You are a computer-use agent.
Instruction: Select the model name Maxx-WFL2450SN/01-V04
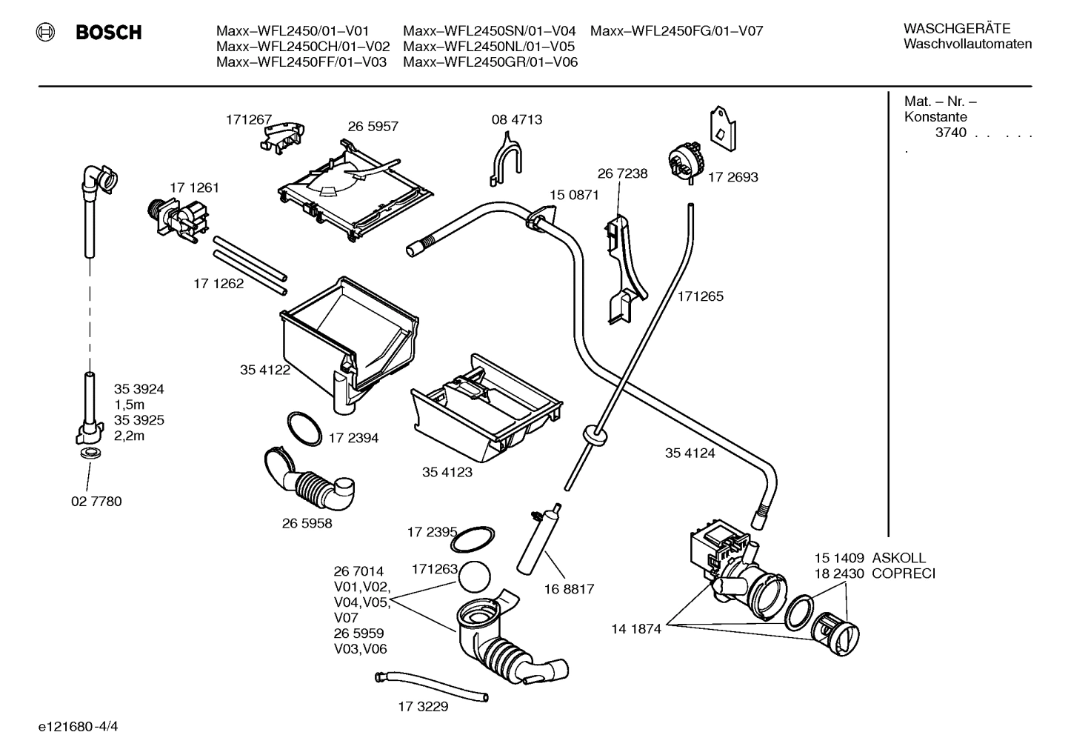tap(489, 31)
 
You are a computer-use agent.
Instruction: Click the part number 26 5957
tap(373, 127)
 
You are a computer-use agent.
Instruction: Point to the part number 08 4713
tap(516, 119)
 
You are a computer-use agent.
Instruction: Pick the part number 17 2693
tap(732, 177)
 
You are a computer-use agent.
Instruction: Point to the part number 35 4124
tap(690, 453)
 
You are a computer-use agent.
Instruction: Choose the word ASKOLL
tap(898, 558)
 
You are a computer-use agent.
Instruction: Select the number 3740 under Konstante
tap(950, 133)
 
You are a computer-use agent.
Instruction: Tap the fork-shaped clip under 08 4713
tap(506, 157)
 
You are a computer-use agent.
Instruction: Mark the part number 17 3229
tap(423, 706)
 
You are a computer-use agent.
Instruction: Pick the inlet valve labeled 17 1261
tap(178, 219)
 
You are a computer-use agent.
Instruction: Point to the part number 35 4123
tap(447, 472)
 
